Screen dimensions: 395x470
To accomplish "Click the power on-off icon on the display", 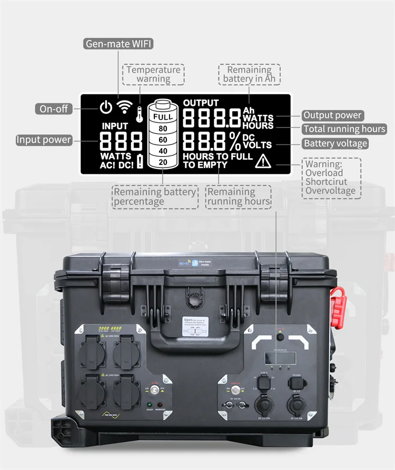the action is (x=106, y=107).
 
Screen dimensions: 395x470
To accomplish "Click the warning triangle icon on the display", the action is (x=262, y=162).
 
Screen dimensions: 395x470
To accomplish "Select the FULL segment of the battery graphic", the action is (x=163, y=116).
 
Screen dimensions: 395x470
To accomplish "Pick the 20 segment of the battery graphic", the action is (x=163, y=162).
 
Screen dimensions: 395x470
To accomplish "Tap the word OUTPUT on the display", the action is (x=201, y=103).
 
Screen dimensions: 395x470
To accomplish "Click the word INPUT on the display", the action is (x=115, y=126).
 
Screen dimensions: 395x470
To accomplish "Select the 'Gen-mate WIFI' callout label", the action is (x=119, y=44).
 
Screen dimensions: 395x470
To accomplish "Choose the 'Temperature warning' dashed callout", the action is (x=153, y=74).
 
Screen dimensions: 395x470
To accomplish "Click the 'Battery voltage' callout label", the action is (x=335, y=143).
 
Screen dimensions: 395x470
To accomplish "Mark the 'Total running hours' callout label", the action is (x=344, y=129).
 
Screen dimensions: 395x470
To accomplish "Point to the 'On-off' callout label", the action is (x=54, y=109).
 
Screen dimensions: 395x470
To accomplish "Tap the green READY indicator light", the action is (x=150, y=404).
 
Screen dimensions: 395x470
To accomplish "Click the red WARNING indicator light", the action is (x=160, y=404).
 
